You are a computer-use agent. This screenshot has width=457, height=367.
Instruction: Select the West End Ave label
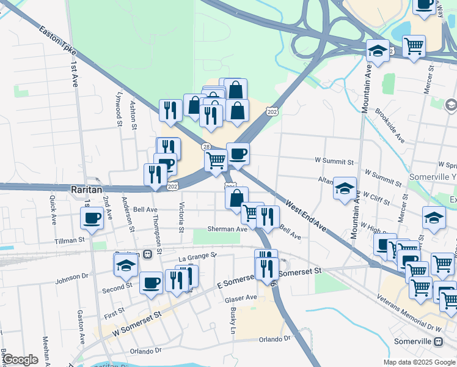click(x=305, y=217)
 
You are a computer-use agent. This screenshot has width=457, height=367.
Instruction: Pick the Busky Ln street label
click(x=233, y=321)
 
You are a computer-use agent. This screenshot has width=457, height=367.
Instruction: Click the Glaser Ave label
click(x=241, y=298)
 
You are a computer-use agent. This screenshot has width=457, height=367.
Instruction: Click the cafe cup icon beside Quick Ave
click(x=92, y=218)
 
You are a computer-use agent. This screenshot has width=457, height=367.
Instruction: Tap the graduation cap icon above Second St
click(x=126, y=265)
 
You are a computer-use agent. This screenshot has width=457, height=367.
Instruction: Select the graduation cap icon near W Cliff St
click(x=345, y=188)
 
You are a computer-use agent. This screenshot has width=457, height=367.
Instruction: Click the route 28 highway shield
click(x=207, y=147)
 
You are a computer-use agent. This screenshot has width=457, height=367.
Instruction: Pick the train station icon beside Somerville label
click(x=438, y=341)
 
